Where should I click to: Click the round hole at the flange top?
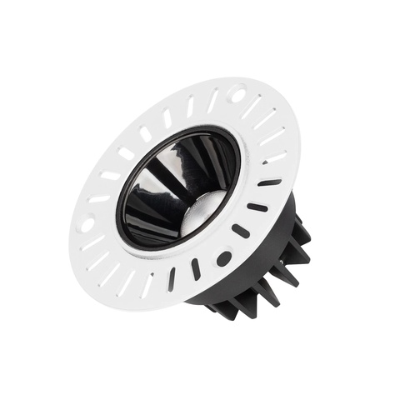237,92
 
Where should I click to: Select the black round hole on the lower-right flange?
223,259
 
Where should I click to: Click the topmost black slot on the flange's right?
268,182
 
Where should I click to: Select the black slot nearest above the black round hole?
240,231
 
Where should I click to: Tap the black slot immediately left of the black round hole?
197,268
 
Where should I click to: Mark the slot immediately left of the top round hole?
212,101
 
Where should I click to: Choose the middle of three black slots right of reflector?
257,207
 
